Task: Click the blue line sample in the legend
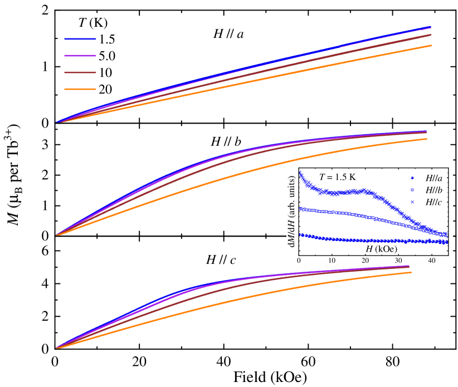click(x=80, y=39)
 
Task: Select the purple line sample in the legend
click(x=80, y=56)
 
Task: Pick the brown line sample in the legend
click(x=80, y=72)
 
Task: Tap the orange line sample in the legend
click(x=80, y=89)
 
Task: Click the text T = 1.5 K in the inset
click(x=337, y=177)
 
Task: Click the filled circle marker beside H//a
click(x=412, y=178)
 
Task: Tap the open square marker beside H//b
click(x=412, y=190)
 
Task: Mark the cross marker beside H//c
click(x=412, y=202)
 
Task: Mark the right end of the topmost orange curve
click(x=431, y=46)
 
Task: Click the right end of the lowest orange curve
click(x=411, y=272)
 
